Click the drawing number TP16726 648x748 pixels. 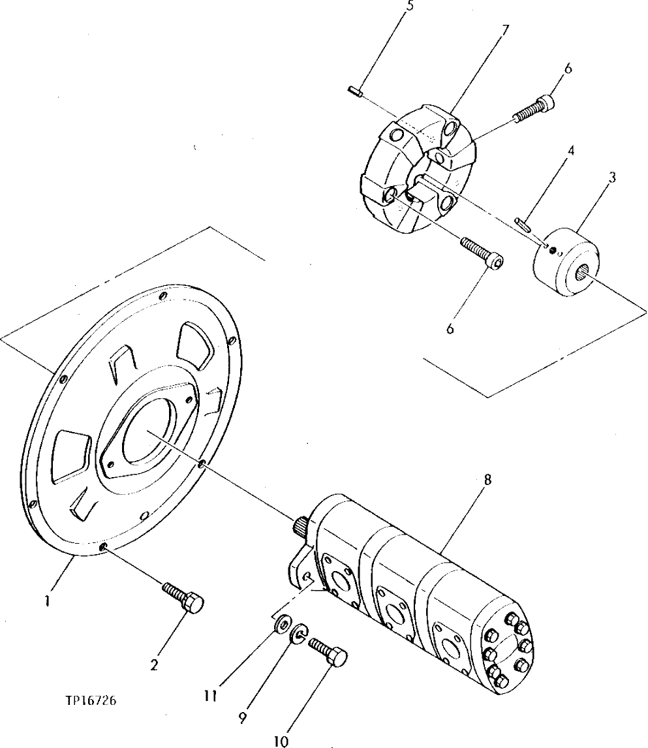click(x=91, y=701)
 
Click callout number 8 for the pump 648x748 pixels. click(x=487, y=481)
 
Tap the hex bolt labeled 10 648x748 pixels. click(x=330, y=651)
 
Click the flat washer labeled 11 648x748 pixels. click(x=281, y=624)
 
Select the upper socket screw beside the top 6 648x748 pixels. click(x=533, y=109)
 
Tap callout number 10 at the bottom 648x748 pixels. click(x=282, y=741)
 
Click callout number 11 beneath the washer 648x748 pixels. click(x=209, y=696)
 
